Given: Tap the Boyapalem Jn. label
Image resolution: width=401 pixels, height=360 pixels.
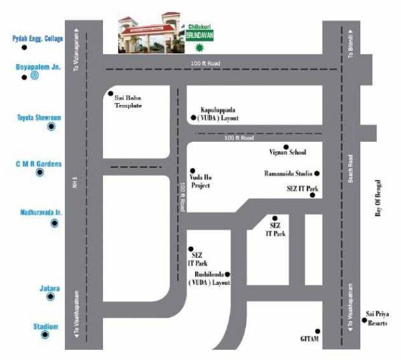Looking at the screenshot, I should click(x=37, y=67).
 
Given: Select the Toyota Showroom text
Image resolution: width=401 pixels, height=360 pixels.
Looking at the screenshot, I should click(x=39, y=117).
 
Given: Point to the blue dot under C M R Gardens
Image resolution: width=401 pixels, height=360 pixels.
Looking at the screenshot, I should click(x=39, y=173).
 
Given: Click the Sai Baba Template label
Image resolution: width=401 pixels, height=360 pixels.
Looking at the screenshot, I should click(x=128, y=102).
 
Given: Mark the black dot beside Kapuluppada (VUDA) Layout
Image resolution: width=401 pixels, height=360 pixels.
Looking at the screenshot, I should click(x=193, y=117).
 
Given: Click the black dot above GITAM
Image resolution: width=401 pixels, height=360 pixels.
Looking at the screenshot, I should click(x=318, y=331).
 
